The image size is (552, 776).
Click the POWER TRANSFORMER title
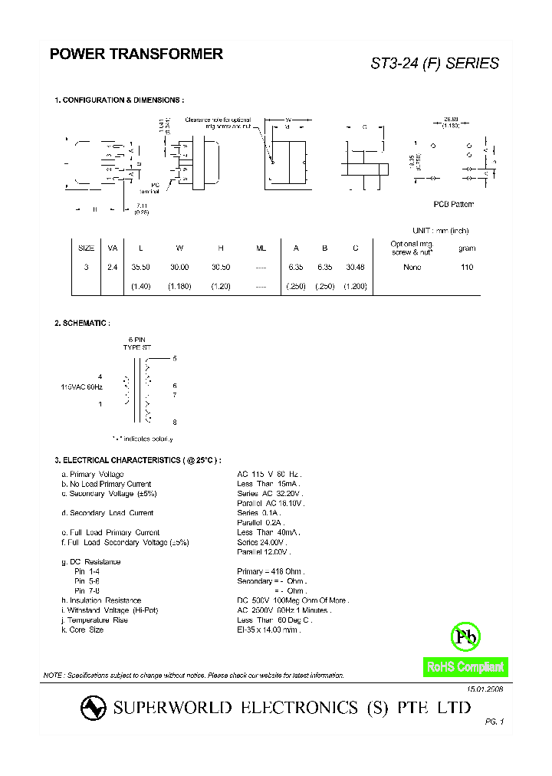136,54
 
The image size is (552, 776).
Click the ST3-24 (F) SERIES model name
435,64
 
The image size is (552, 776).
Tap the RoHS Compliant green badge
465,667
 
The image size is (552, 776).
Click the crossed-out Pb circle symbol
465,636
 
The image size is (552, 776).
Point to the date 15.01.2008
485,689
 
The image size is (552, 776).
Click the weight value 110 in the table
467,268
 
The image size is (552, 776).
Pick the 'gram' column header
467,248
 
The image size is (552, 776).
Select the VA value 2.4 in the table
112,268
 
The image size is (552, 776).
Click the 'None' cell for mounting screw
412,268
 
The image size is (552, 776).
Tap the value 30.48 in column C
356,268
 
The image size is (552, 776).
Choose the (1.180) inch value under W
179,286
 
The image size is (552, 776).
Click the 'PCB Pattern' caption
454,204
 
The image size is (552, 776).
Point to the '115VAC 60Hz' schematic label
81,387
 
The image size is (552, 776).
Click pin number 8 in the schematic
175,423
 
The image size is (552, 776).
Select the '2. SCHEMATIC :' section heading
82,324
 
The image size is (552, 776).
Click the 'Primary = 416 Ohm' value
271,571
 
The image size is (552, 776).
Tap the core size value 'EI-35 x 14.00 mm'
268,630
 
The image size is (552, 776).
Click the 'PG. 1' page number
495,722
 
